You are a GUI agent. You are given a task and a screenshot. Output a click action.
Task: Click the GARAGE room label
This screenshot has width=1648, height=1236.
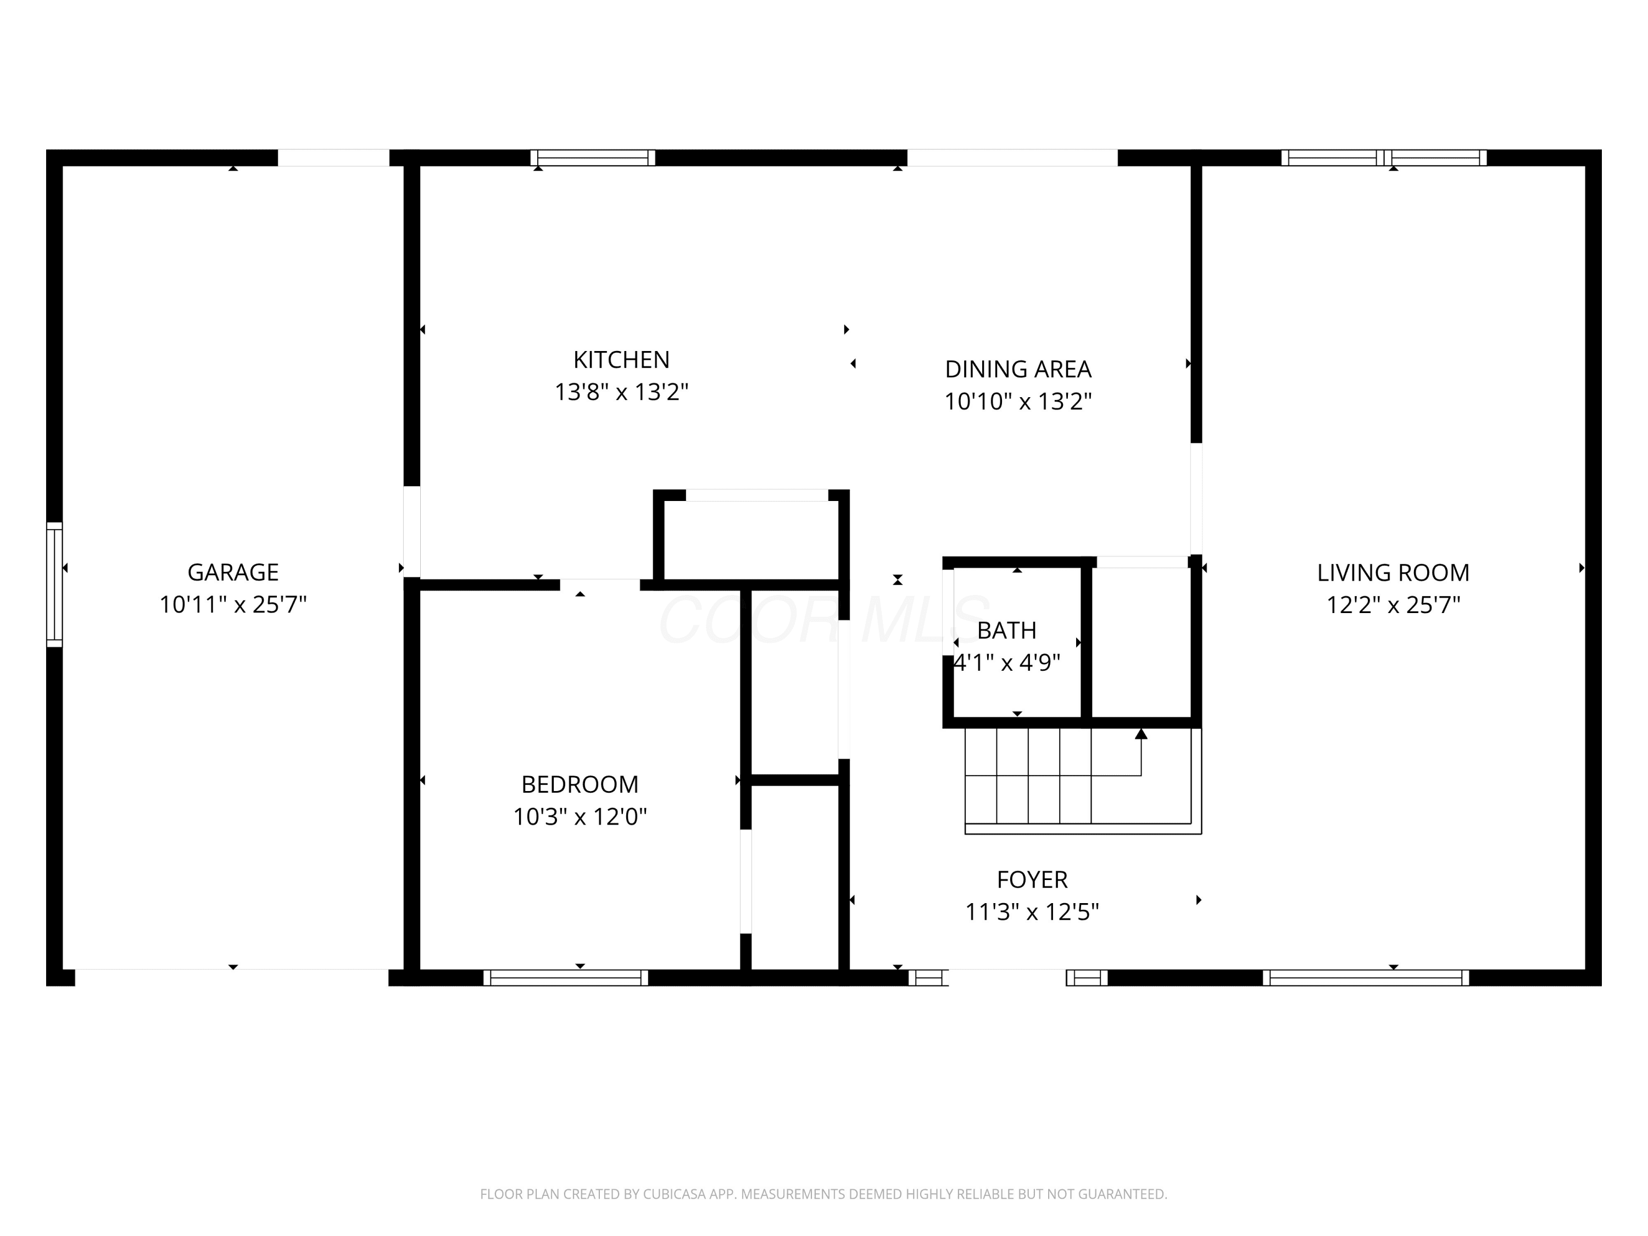click(233, 572)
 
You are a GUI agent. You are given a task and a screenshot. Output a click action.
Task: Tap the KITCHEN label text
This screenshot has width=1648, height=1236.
click(621, 360)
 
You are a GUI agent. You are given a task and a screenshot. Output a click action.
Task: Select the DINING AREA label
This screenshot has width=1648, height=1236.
click(1018, 370)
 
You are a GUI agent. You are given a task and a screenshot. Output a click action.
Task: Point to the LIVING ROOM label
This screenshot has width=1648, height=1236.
click(1393, 573)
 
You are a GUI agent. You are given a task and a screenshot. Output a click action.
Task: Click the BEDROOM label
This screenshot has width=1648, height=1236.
click(580, 784)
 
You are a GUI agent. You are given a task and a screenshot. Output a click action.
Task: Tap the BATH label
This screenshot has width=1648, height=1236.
click(1006, 631)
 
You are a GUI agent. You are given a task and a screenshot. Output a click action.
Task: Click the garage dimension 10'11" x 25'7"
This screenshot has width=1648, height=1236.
click(233, 604)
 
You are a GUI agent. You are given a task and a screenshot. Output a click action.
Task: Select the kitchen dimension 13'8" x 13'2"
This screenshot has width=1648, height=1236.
click(621, 392)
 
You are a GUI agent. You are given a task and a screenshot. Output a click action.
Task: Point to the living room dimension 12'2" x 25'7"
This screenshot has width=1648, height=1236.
click(1393, 604)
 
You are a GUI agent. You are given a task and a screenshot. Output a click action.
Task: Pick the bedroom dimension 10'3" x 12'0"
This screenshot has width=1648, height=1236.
click(580, 816)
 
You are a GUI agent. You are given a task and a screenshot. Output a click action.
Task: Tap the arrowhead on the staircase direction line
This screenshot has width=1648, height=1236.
click(1140, 734)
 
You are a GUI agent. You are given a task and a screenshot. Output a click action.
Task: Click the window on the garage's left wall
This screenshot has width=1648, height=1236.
click(54, 584)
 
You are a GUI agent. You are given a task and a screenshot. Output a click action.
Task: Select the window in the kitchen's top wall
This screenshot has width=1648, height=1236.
click(593, 158)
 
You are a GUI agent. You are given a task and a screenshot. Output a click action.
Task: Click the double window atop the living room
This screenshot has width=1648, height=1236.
click(1384, 158)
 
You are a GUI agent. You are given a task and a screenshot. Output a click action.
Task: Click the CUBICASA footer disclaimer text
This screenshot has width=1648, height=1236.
click(823, 1194)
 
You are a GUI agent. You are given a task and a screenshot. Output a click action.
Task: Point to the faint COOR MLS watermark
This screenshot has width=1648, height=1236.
click(823, 620)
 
